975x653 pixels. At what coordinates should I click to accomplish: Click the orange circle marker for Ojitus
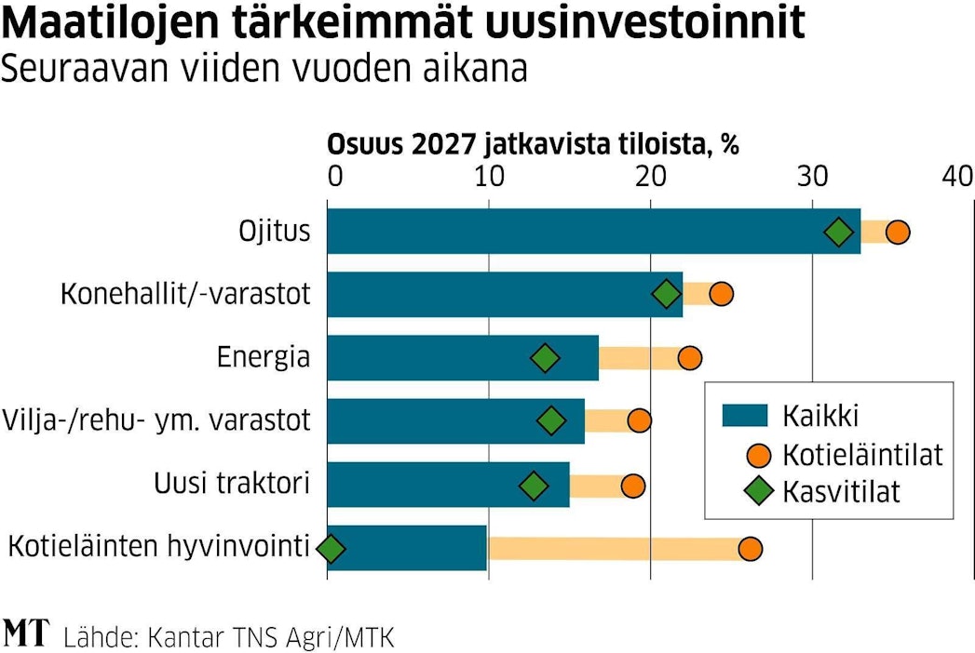897,233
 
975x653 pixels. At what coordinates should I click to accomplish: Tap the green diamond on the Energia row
546,358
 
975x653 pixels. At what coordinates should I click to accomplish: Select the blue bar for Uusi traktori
447,485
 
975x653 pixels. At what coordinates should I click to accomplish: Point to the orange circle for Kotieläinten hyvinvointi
750,549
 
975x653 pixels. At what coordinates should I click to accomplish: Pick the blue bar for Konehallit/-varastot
503,295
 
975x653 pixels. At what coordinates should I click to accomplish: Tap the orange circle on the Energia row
689,358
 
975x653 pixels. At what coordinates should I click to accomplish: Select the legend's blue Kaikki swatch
744,416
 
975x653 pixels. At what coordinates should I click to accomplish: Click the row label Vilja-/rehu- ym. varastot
156,420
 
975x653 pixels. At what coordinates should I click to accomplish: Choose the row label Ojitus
274,231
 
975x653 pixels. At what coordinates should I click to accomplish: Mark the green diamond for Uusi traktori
534,485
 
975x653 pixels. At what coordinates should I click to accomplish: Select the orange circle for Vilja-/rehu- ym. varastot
639,420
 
